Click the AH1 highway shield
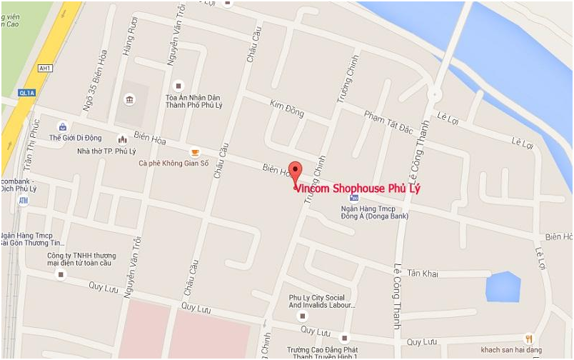pos(46,68)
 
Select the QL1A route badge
pos(26,92)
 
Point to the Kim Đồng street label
pos(287,109)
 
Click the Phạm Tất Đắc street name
pos(388,121)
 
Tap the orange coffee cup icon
pos(194,152)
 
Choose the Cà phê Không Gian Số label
pos(173,163)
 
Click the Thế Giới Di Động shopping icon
pos(63,127)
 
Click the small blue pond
pos(503,286)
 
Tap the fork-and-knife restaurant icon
pos(528,339)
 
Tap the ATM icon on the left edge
pos(23,201)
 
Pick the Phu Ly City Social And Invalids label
pos(322,301)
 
